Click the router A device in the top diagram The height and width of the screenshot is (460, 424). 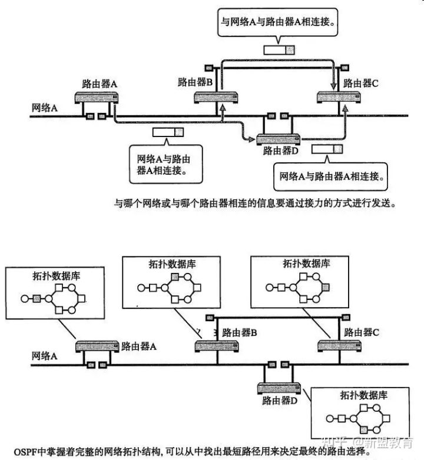(x=97, y=98)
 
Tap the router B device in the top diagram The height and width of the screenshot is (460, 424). (x=216, y=98)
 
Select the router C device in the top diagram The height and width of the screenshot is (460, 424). (x=339, y=97)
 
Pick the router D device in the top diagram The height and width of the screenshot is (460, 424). (x=279, y=139)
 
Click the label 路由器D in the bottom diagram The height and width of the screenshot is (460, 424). (x=280, y=401)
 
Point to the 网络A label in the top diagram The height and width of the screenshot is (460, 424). (x=44, y=108)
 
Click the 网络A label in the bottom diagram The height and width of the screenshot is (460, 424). (x=44, y=356)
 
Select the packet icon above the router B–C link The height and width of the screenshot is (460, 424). (x=279, y=50)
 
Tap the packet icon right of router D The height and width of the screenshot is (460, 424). (x=327, y=149)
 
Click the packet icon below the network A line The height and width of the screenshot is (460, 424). (x=168, y=132)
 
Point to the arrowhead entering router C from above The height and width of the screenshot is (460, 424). (x=333, y=86)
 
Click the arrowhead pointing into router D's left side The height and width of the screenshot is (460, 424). (x=251, y=139)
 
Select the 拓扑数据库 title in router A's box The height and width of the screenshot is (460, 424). (x=56, y=276)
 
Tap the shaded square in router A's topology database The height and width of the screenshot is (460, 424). (x=37, y=299)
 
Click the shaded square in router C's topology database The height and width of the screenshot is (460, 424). (x=326, y=287)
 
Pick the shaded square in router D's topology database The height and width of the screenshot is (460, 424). (x=364, y=430)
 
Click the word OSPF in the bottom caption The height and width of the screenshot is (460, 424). (x=25, y=451)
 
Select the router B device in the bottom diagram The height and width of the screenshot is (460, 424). (x=217, y=346)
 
